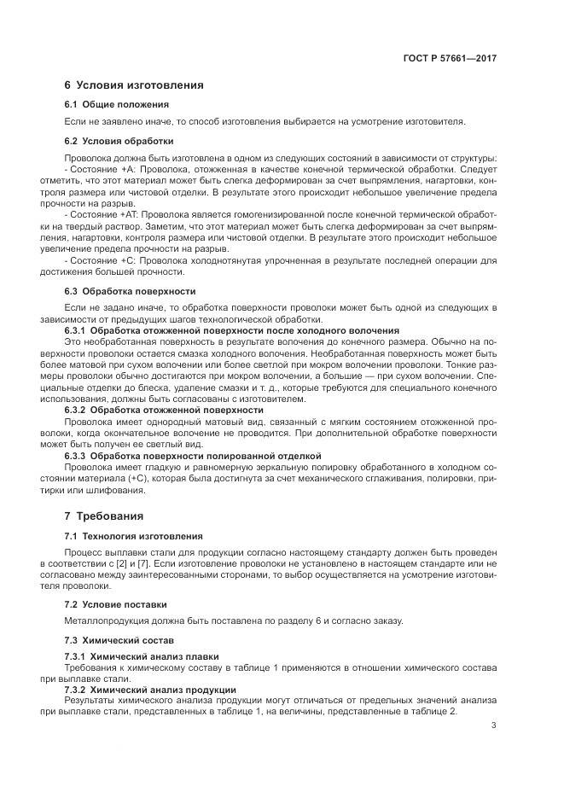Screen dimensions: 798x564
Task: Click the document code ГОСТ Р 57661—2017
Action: click(x=450, y=58)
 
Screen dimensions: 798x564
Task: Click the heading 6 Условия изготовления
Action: click(x=133, y=84)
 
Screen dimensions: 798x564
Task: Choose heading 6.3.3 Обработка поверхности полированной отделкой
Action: click(x=193, y=456)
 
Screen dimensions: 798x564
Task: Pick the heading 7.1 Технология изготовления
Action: click(x=133, y=536)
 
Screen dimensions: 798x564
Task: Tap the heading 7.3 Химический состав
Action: click(x=119, y=639)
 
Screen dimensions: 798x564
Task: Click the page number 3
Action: click(x=493, y=726)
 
